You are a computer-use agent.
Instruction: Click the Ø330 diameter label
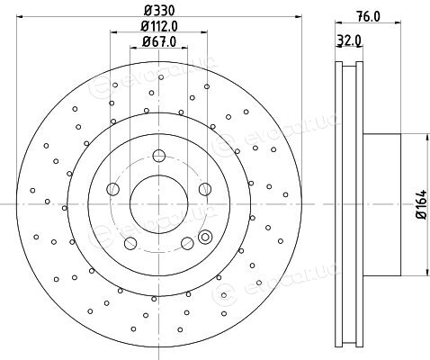[x=159, y=11]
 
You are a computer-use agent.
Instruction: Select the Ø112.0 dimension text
[x=159, y=26]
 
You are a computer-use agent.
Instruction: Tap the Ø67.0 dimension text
[x=159, y=41]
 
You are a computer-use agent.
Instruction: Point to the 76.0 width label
[x=369, y=16]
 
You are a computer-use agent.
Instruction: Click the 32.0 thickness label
[x=349, y=40]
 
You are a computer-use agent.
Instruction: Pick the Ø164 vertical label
[x=422, y=204]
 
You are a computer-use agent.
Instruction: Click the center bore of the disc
[x=159, y=204]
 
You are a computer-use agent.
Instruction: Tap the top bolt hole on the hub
[x=159, y=156]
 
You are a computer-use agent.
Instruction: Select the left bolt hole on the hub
[x=113, y=189]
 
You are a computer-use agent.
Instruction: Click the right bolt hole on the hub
[x=205, y=189]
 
